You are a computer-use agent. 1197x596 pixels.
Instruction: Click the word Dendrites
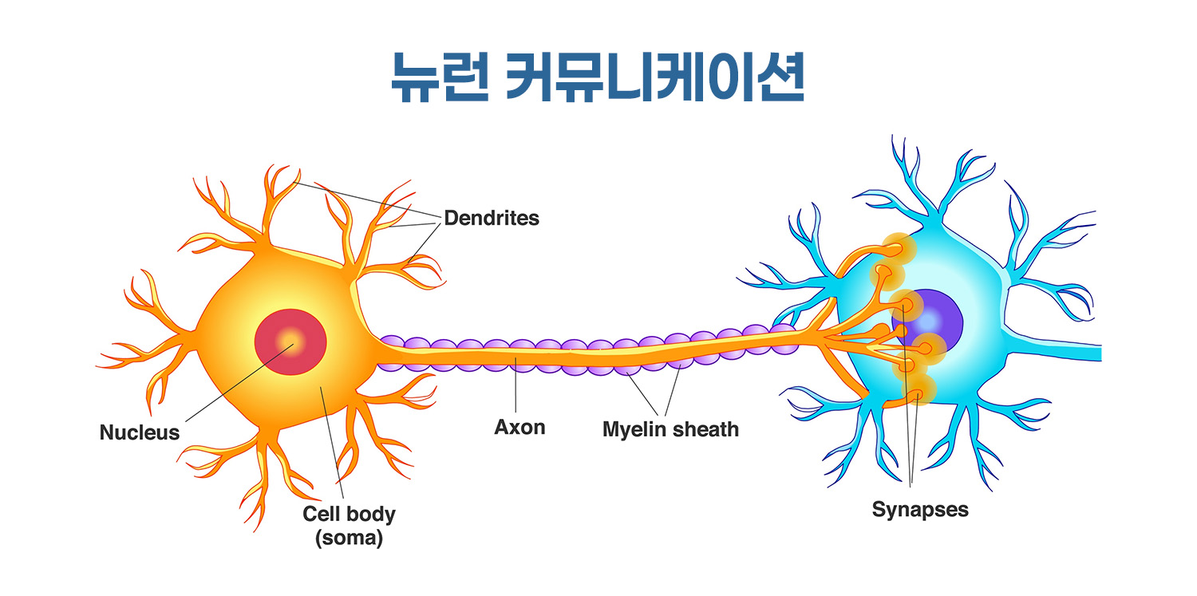click(x=492, y=218)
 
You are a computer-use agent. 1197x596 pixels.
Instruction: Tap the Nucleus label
click(x=140, y=433)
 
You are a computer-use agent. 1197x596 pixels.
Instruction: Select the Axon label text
click(x=519, y=428)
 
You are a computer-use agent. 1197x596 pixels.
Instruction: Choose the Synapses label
click(x=920, y=509)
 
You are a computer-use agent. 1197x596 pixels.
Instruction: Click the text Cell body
click(x=349, y=514)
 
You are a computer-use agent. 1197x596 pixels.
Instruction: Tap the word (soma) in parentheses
click(x=349, y=539)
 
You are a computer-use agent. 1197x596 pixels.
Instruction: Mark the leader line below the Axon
click(x=516, y=391)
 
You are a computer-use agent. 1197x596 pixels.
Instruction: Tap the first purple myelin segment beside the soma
click(x=391, y=351)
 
